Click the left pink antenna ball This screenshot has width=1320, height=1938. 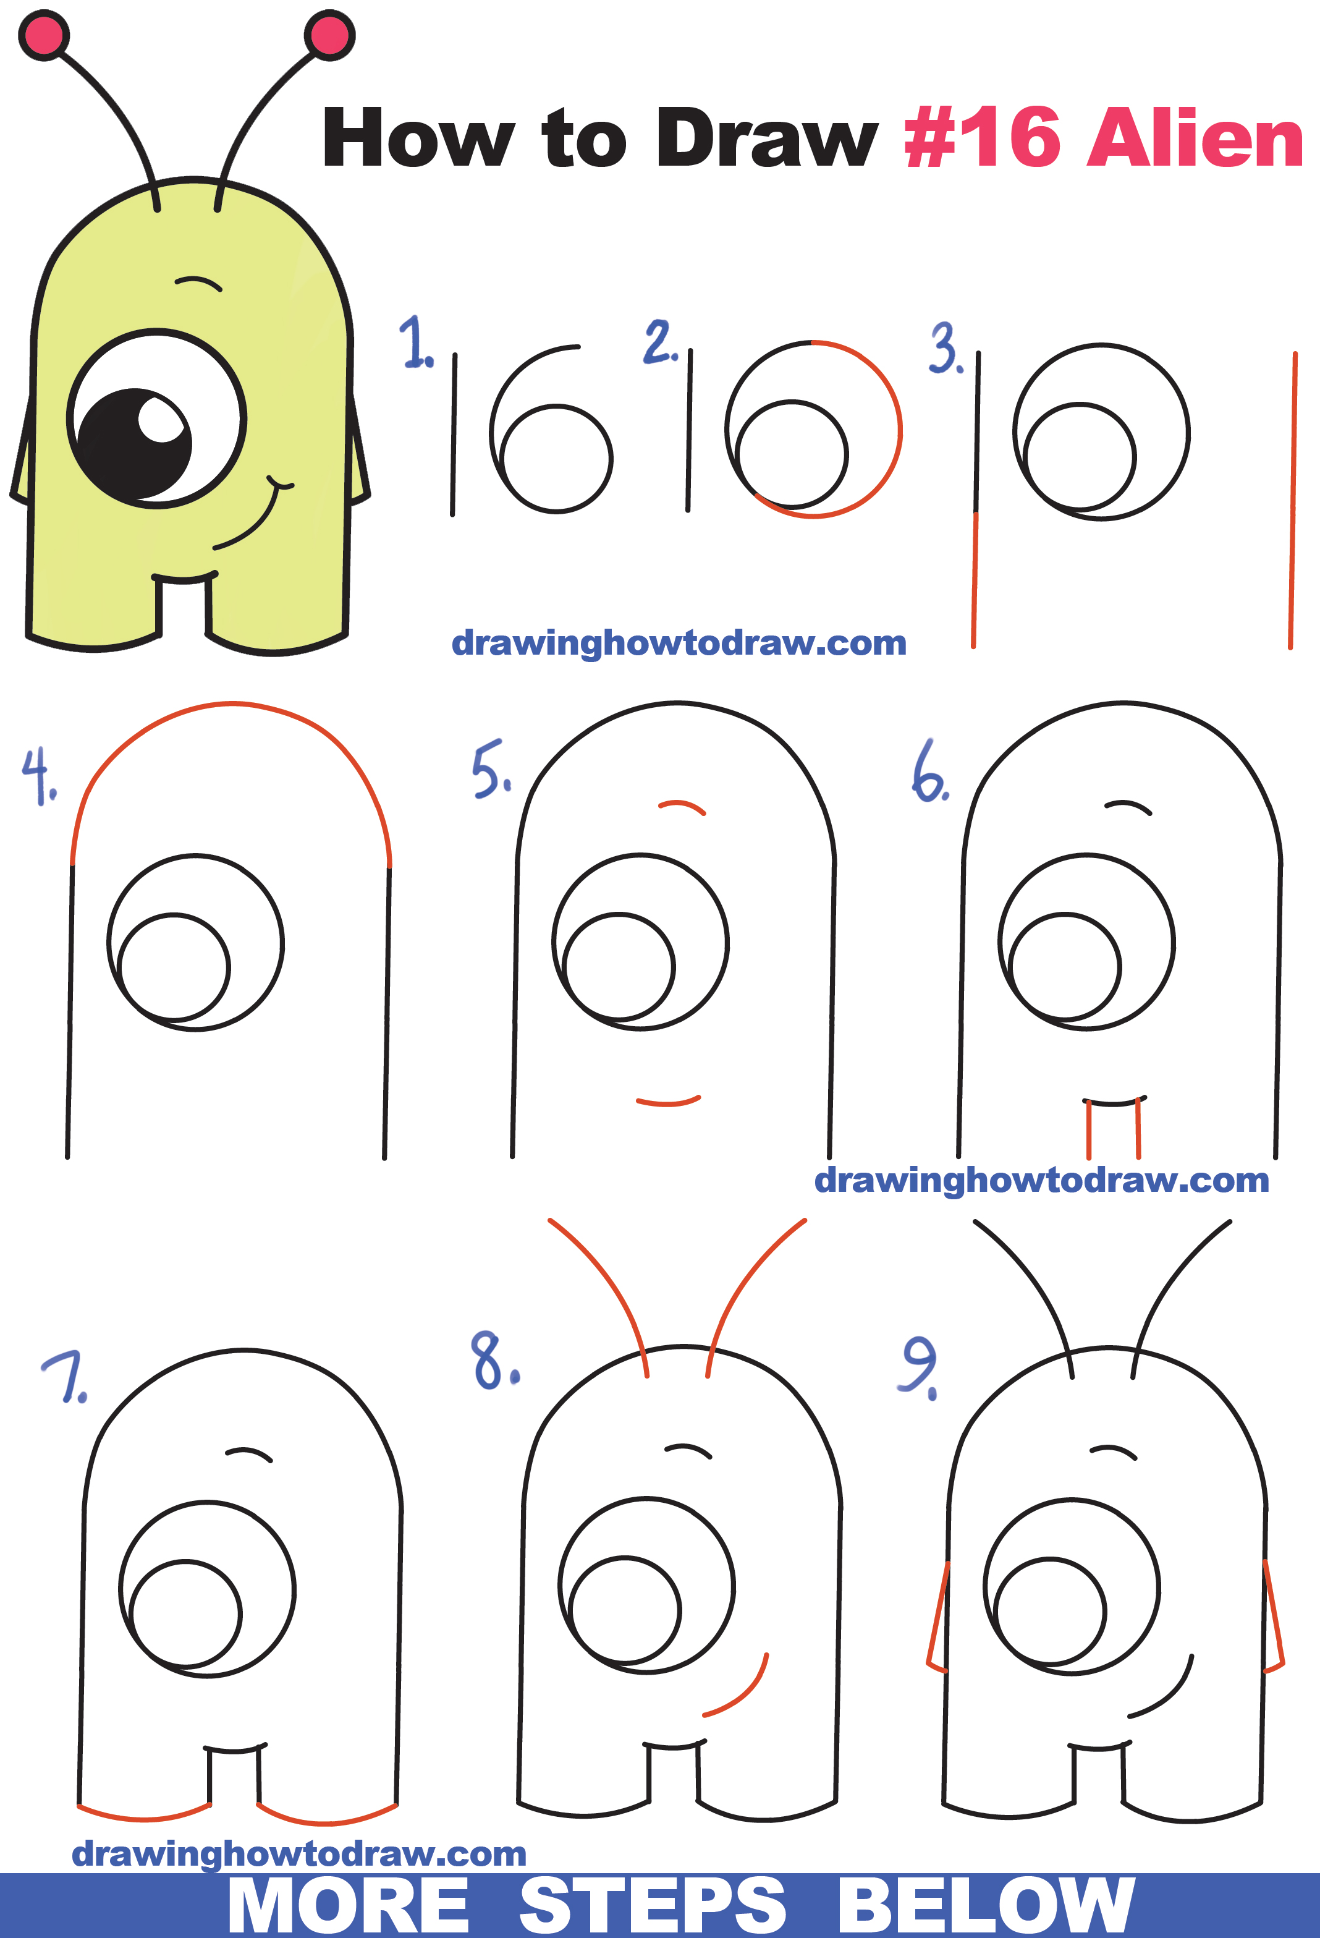(x=43, y=35)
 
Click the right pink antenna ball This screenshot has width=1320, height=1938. (x=330, y=35)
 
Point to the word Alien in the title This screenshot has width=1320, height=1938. (x=1194, y=138)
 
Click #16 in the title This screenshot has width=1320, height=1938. (x=983, y=138)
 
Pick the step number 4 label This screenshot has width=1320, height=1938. (x=38, y=776)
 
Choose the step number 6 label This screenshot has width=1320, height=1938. (x=930, y=771)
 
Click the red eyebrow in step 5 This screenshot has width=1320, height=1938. (x=682, y=805)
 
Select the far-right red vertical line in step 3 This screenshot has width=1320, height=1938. (x=1292, y=500)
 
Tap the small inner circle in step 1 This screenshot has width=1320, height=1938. (x=557, y=458)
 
